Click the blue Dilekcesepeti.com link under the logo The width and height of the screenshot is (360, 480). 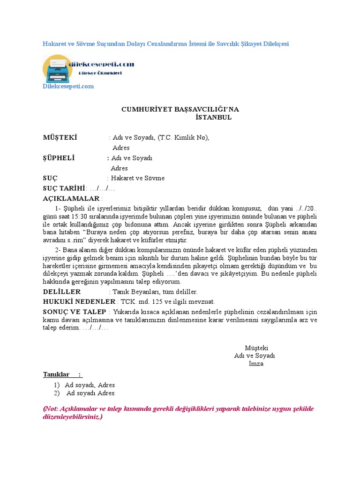[68, 86]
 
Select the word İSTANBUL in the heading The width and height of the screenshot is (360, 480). [213, 117]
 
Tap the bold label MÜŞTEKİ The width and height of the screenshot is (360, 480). [60, 137]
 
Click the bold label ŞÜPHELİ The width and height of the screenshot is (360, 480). [59, 158]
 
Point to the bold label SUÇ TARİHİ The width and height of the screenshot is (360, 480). [64, 188]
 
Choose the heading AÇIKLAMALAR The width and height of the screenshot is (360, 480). [71, 199]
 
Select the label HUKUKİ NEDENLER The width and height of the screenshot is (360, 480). [79, 302]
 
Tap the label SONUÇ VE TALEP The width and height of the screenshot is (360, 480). [75, 312]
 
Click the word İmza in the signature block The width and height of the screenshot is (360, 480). [256, 364]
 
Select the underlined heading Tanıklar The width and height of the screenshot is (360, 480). [56, 374]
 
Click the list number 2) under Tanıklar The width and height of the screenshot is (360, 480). [57, 393]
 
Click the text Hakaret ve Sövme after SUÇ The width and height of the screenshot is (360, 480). [138, 178]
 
